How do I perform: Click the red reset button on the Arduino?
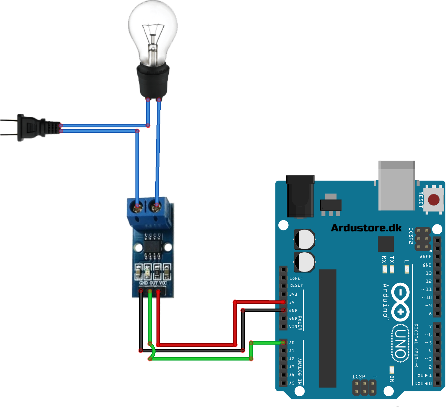click(433, 199)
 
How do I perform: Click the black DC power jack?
click(300, 197)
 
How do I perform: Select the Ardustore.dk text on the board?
click(366, 228)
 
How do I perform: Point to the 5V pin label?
click(292, 302)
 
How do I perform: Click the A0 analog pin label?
click(292, 342)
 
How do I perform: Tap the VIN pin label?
click(293, 327)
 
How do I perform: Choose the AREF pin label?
click(425, 257)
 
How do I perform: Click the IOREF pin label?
click(296, 278)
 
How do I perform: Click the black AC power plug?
click(33, 128)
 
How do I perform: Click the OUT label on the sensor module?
click(153, 283)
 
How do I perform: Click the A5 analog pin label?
click(292, 383)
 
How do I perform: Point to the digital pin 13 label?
click(429, 273)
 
